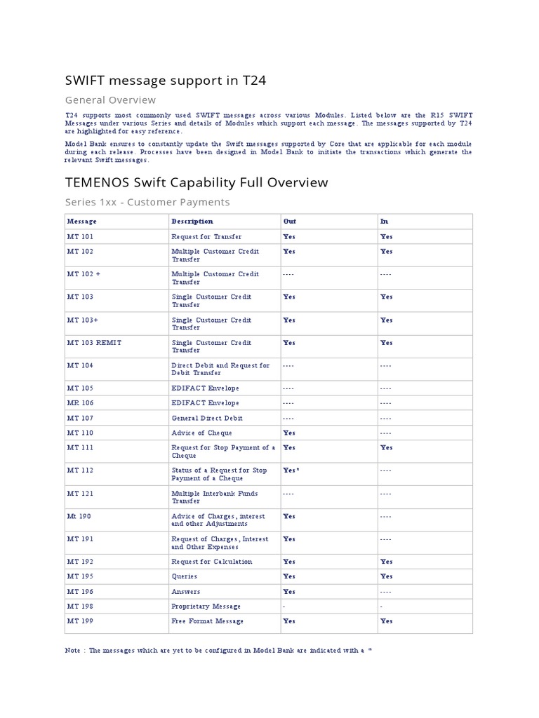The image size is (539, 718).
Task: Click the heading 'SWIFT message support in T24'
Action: point(165,81)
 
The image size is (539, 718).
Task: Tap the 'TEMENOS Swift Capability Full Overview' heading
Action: point(196,182)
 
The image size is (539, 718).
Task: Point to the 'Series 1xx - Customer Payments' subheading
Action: point(147,202)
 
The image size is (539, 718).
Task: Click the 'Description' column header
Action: point(192,222)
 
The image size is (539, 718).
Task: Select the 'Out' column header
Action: point(289,222)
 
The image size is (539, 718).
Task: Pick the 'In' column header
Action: point(384,222)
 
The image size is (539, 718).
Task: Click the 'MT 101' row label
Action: point(80,237)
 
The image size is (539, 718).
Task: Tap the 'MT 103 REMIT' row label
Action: point(93,343)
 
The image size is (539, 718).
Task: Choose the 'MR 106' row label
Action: point(80,403)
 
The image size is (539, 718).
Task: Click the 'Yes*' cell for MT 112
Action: point(291,470)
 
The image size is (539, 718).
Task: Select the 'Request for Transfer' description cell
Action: point(206,237)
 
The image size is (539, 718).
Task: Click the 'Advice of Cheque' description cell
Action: point(201,433)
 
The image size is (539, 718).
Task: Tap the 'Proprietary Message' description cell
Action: point(206,607)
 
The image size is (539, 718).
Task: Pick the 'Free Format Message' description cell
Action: point(207,621)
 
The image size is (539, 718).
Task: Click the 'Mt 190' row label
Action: point(79,516)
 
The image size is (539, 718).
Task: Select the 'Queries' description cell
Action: point(183,576)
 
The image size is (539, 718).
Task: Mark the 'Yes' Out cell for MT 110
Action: point(288,433)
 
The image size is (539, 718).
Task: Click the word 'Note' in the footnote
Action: point(73,651)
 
